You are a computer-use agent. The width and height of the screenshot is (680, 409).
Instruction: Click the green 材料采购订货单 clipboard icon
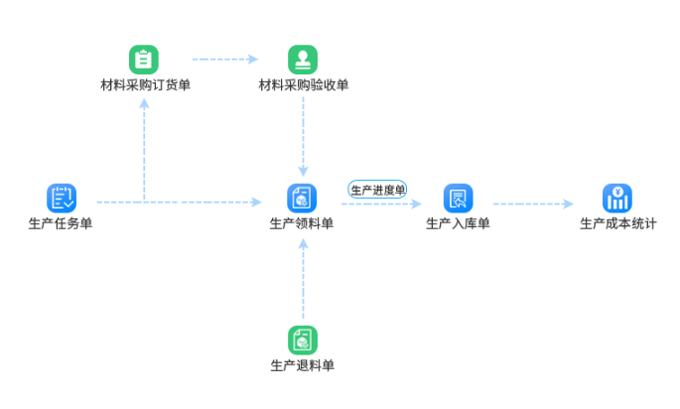pos(144,60)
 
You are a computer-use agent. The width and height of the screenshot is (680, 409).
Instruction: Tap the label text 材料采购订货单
pos(145,85)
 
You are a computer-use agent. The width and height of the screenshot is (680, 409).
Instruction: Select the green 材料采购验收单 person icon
pos(303,60)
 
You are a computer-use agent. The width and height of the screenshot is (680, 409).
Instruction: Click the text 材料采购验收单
pos(304,85)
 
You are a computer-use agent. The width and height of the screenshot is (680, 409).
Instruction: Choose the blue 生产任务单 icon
pos(62,198)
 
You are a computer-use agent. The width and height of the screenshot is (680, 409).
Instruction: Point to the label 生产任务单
pos(62,223)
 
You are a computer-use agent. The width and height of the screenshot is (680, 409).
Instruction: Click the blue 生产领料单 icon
pos(302,198)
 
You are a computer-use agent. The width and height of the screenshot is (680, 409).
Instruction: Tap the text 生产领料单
pos(302,223)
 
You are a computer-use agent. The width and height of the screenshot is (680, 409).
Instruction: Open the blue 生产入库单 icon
pos(458,198)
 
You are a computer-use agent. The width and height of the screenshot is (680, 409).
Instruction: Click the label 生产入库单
pos(458,223)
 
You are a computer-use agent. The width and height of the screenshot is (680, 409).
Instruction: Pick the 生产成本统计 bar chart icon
pos(617,198)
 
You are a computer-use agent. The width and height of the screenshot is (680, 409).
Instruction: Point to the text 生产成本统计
pos(617,223)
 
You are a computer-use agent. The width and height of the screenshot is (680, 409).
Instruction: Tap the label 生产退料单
pos(302,365)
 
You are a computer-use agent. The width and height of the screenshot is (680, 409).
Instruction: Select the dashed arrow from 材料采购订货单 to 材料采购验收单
pos(224,60)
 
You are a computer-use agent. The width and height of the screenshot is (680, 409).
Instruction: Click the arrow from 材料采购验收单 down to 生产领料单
pos(303,134)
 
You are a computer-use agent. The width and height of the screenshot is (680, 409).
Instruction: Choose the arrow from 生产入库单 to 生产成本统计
pos(533,204)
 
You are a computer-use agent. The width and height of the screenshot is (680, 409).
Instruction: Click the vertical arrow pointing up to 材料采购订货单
pos(145,149)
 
